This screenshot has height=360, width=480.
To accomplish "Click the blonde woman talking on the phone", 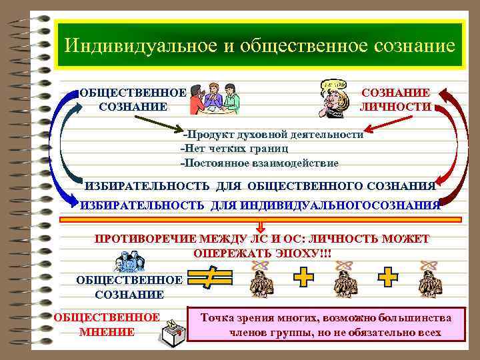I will [x=333, y=100].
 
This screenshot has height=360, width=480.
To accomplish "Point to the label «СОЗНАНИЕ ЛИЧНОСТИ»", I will [x=395, y=100].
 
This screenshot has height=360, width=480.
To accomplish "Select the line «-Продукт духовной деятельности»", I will [x=273, y=134].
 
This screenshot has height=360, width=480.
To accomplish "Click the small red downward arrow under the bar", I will [x=261, y=228].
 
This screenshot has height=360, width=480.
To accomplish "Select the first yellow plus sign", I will [x=304, y=277].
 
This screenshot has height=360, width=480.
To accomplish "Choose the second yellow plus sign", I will [x=388, y=277].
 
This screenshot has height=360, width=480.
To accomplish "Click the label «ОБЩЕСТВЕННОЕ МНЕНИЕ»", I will [x=107, y=325].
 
